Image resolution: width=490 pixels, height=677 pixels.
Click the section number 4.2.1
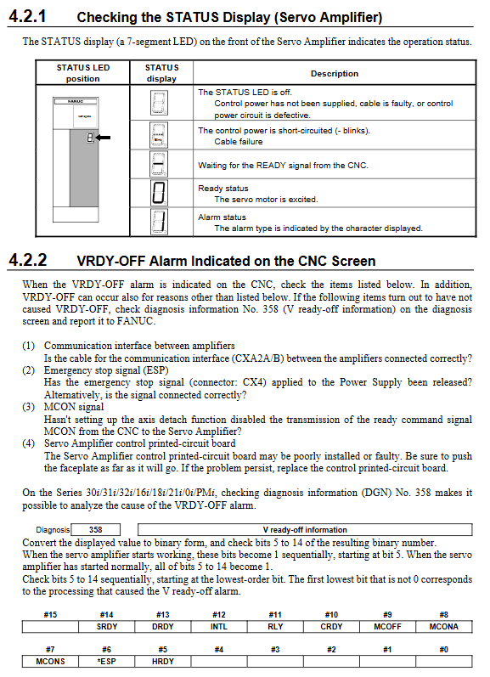pyautogui.click(x=27, y=16)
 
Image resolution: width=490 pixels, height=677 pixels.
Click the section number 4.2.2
pyautogui.click(x=28, y=260)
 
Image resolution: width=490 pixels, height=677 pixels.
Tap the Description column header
pyautogui.click(x=335, y=73)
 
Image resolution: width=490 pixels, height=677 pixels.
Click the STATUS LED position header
pyautogui.click(x=83, y=73)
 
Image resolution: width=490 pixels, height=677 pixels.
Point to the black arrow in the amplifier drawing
pyautogui.click(x=103, y=138)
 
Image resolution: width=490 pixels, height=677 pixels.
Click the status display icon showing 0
pyautogui.click(x=159, y=193)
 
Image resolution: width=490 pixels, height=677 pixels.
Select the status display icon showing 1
pyautogui.click(x=159, y=222)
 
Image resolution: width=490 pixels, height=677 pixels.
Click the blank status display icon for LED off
pyautogui.click(x=159, y=103)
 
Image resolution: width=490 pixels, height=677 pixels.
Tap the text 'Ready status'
pyautogui.click(x=223, y=189)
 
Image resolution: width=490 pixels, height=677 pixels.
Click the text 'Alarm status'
pyautogui.click(x=222, y=217)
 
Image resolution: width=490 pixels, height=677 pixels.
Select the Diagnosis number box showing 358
pyautogui.click(x=95, y=530)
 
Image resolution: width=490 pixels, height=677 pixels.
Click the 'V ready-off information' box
pyautogui.click(x=305, y=530)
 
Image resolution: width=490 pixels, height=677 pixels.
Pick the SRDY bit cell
pyautogui.click(x=107, y=627)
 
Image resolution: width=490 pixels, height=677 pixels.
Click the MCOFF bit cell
pyautogui.click(x=388, y=627)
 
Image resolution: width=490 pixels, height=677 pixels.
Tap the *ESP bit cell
pyautogui.click(x=107, y=662)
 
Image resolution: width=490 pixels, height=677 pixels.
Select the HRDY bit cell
pyautogui.click(x=163, y=662)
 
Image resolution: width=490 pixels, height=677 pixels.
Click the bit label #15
pyautogui.click(x=50, y=614)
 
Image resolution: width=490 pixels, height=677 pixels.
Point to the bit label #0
pyautogui.click(x=444, y=649)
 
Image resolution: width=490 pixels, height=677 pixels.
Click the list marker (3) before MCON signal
pyautogui.click(x=29, y=407)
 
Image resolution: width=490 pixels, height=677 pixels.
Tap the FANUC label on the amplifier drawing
pyautogui.click(x=76, y=101)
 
